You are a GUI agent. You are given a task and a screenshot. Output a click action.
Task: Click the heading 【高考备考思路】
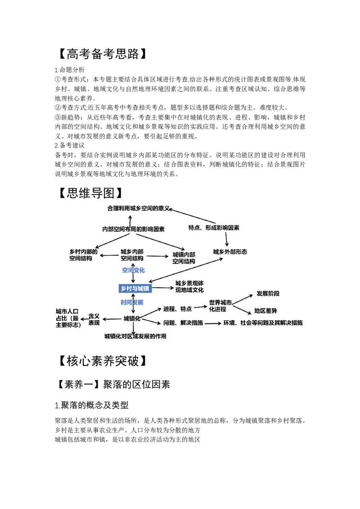coord(102,54)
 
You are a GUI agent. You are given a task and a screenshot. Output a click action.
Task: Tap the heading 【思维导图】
coord(90,193)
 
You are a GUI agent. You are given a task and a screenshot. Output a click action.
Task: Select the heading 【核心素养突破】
coord(102,361)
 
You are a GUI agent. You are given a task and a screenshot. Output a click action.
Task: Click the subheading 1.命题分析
coord(70,70)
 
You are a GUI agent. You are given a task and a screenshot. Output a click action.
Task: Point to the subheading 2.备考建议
coord(70,145)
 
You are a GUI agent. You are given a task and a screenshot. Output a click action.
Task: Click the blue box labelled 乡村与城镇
coord(135,288)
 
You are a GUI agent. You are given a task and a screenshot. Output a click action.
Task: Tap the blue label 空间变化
coord(133,270)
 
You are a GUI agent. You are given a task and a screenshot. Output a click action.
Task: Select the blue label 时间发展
coord(132,302)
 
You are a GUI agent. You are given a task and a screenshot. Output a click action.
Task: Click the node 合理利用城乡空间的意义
coord(139,208)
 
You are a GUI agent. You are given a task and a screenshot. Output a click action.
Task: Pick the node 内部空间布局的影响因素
coord(133,229)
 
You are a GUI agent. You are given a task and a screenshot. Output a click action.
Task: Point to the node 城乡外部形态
coord(230,252)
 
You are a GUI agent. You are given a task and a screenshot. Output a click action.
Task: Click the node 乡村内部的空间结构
coord(83,255)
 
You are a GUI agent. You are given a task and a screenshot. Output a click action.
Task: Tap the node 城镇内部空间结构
coord(184,258)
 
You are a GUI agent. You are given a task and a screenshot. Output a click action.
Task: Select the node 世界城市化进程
coord(220,306)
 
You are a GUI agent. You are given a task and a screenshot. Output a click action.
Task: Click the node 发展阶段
coord(268,294)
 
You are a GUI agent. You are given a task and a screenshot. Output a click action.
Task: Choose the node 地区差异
coord(265,311)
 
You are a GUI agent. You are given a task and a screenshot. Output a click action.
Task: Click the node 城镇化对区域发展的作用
coord(135,336)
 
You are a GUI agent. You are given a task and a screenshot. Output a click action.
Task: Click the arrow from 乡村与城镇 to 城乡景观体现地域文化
coord(163,288)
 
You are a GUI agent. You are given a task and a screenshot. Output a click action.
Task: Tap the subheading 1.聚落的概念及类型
coord(92,405)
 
